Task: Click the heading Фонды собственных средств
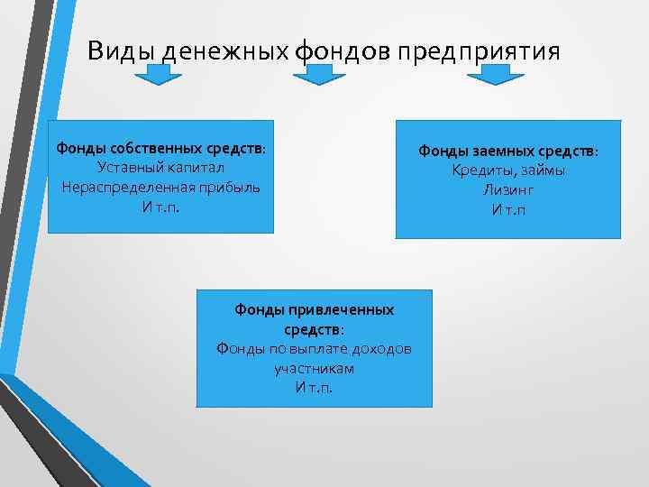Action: click(x=160, y=148)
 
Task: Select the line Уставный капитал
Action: click(x=160, y=168)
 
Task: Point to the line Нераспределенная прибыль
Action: click(x=160, y=187)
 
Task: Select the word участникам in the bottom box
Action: click(x=314, y=368)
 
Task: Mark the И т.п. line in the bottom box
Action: click(x=314, y=388)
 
